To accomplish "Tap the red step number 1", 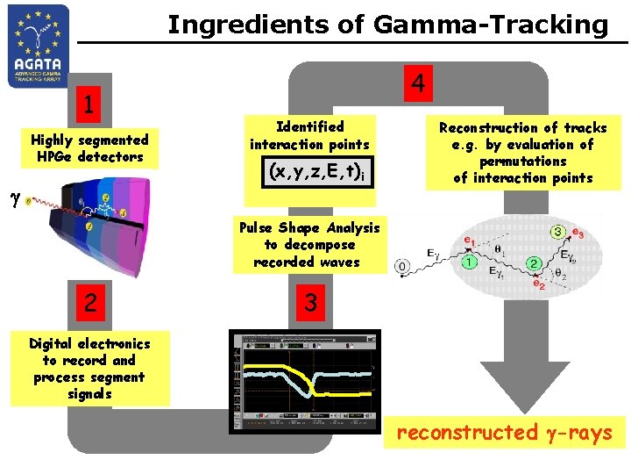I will pos(87,105).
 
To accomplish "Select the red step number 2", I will pos(87,303).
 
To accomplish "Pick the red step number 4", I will pos(419,83).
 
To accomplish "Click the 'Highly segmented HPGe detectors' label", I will pos(89,148).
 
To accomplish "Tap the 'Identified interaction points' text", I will pos(309,135).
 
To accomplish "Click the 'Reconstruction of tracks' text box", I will pos(522,153).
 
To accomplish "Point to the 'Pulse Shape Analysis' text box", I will pos(310,245).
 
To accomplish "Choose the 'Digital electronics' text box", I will pos(89,369).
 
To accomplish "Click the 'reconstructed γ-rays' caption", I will pos(504,432).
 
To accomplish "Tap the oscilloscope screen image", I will pos(305,381).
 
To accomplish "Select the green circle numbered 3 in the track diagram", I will pos(557,233).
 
